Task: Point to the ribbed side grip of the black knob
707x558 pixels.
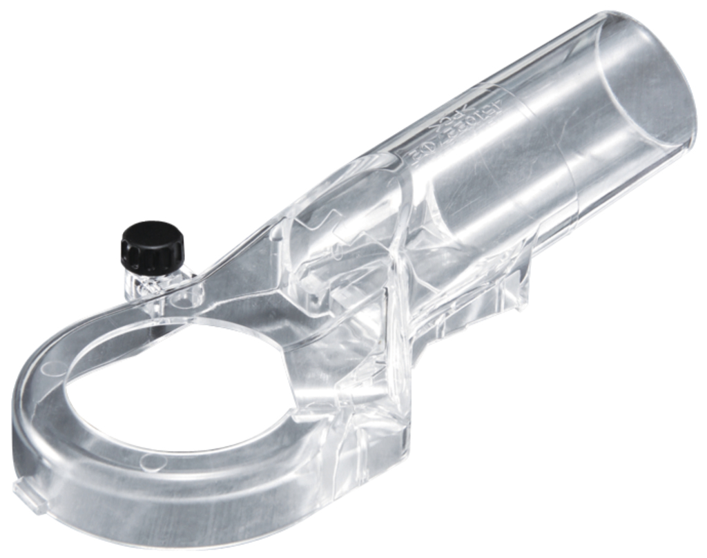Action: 153,257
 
